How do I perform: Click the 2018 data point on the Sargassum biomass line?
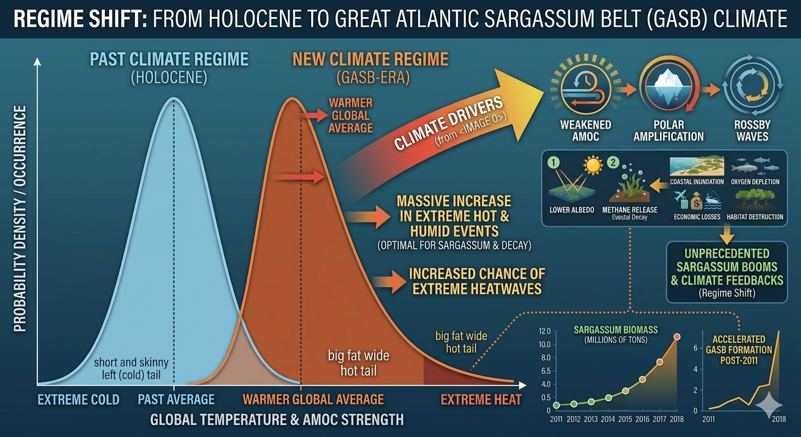tap(676, 337)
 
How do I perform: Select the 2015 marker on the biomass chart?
tap(625, 391)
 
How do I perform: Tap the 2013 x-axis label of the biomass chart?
tap(591, 419)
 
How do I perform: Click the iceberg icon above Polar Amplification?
tap(668, 87)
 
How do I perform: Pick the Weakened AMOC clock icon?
tap(586, 87)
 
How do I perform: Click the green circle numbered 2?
tap(613, 163)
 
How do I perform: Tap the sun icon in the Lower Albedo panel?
tap(593, 166)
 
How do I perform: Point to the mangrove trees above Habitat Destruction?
tap(755, 199)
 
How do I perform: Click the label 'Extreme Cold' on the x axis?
tap(79, 399)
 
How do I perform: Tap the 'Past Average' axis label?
tap(176, 399)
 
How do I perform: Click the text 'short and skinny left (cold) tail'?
tap(131, 369)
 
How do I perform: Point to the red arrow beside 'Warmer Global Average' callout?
tap(314, 116)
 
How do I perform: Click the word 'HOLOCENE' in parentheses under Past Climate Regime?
tap(169, 77)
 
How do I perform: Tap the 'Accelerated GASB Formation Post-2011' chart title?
tap(739, 350)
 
